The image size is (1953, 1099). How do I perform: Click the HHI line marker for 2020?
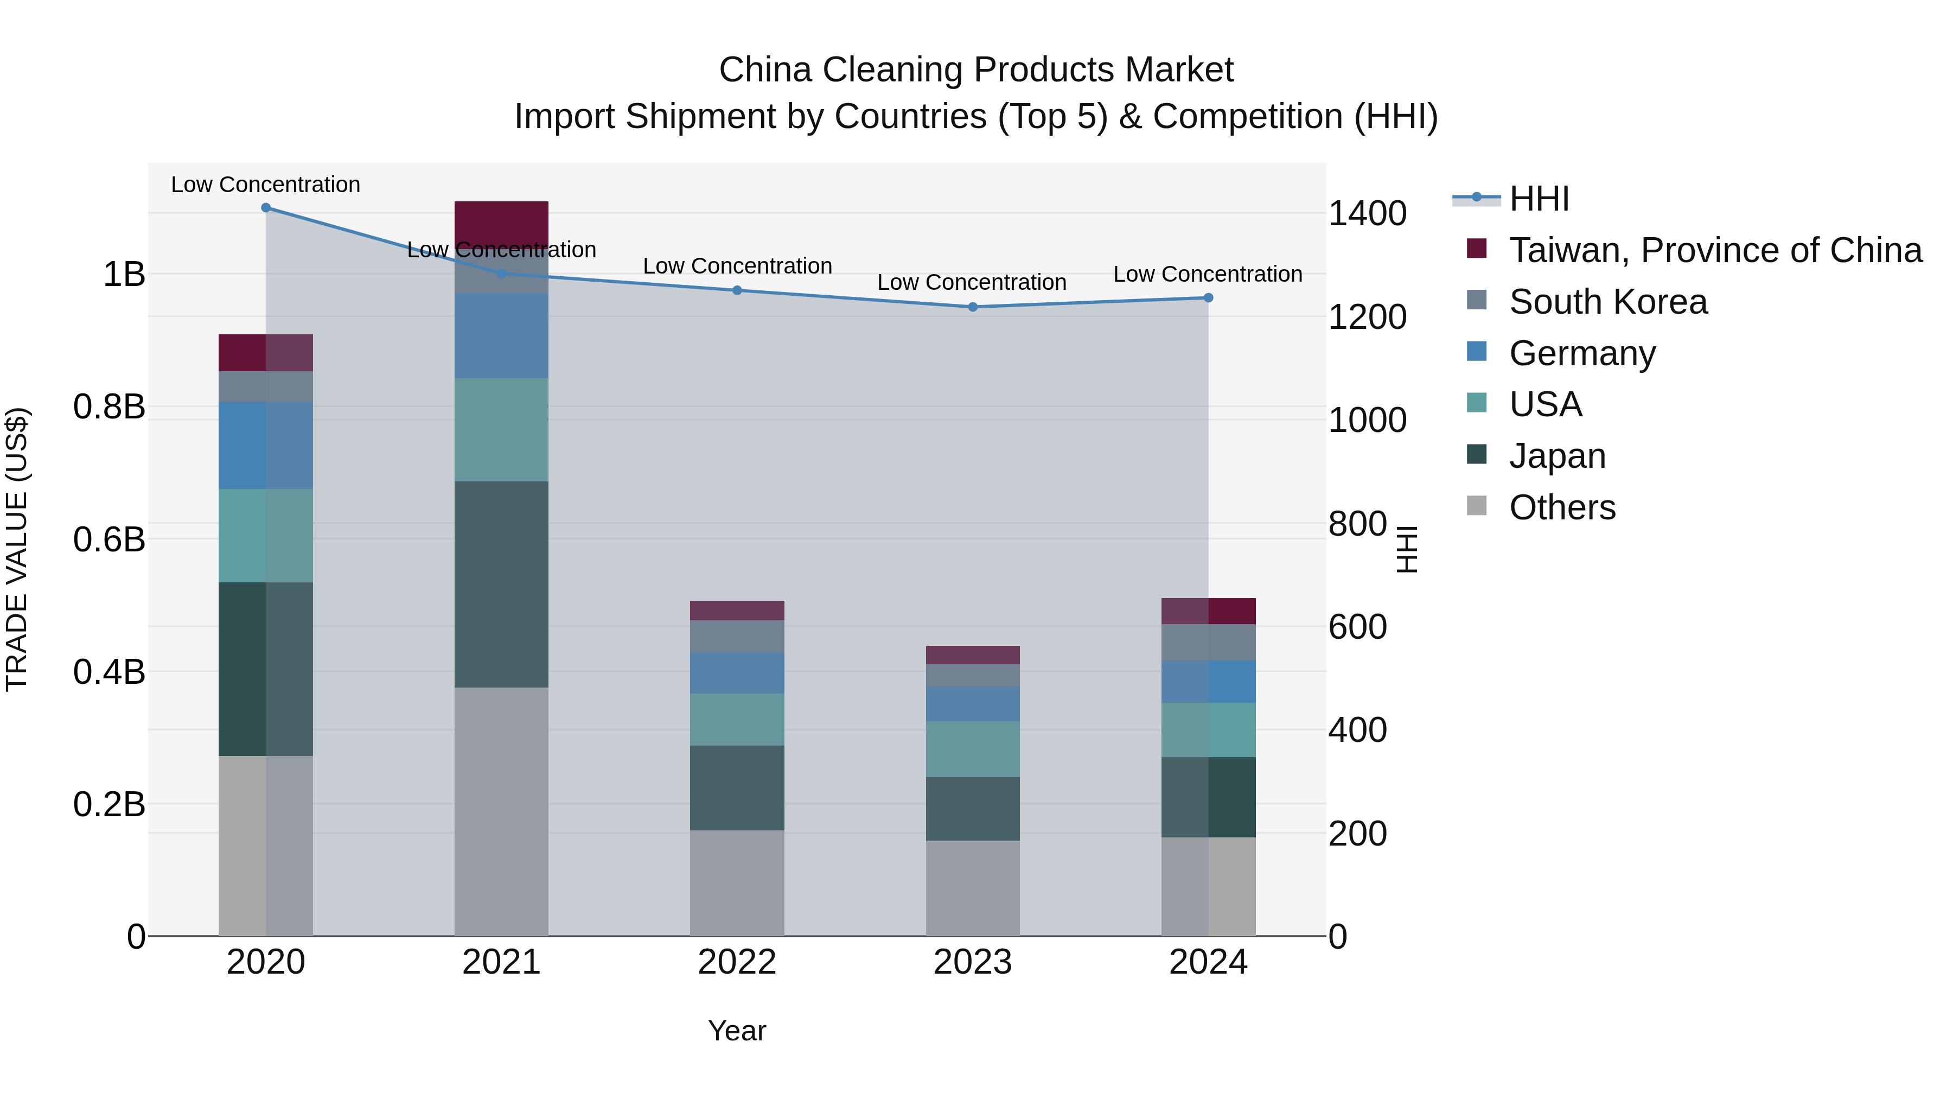[x=265, y=208]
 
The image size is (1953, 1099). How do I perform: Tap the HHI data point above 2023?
[x=973, y=307]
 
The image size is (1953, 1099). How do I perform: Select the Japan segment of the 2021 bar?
[x=501, y=584]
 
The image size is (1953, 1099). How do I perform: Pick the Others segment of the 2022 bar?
[x=737, y=883]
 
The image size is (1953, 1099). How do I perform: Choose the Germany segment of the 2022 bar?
[x=737, y=673]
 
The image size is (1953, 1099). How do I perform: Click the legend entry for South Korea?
[x=1607, y=302]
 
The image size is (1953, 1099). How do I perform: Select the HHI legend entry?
[x=1539, y=199]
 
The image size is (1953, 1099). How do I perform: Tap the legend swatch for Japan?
[x=1476, y=454]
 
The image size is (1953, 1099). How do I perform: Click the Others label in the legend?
[x=1562, y=507]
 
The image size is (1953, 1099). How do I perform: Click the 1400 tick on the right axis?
[x=1367, y=214]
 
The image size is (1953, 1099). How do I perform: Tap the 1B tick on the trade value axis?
[x=124, y=274]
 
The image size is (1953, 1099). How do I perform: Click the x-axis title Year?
[x=737, y=1031]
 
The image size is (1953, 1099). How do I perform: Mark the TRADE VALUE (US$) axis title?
[x=17, y=549]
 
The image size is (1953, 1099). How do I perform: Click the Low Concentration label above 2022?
[x=737, y=266]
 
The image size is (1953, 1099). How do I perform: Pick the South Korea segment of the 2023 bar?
[x=973, y=675]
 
